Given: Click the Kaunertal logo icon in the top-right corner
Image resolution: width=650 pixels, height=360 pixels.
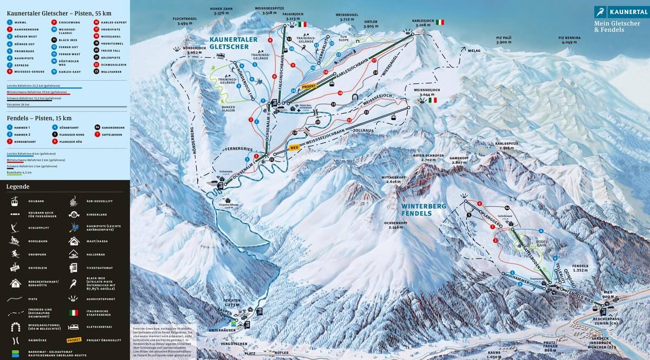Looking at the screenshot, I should [600, 12].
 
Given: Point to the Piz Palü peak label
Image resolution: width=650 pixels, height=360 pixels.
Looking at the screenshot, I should [504, 40].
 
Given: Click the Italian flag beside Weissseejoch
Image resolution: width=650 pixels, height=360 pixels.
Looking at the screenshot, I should [432, 100].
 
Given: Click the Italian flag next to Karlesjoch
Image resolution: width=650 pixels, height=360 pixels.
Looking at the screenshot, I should [440, 22].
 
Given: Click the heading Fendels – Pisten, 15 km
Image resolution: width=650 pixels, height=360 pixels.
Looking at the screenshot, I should [39, 118].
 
